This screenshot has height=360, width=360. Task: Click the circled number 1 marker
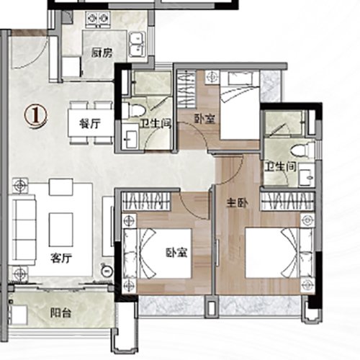(35, 117)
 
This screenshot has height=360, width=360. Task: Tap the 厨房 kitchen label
(102, 53)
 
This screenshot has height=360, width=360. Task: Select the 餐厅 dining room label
(90, 124)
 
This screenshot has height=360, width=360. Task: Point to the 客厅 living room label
(61, 258)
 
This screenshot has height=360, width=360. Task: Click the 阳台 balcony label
(60, 313)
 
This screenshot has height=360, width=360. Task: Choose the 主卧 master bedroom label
(238, 203)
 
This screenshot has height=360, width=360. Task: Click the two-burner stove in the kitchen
(99, 18)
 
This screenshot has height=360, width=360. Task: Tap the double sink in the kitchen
(138, 45)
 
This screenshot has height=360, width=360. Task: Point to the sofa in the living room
(23, 230)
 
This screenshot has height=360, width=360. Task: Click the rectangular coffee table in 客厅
(61, 230)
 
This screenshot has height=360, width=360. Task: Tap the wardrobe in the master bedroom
(287, 202)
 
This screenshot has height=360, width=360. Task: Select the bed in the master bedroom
(279, 253)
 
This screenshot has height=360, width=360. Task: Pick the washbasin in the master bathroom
(306, 174)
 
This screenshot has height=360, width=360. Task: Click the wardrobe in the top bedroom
(186, 89)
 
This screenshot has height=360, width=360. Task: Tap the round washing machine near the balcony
(107, 271)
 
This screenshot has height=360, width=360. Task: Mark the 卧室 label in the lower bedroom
(177, 252)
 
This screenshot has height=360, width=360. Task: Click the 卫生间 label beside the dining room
(156, 124)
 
